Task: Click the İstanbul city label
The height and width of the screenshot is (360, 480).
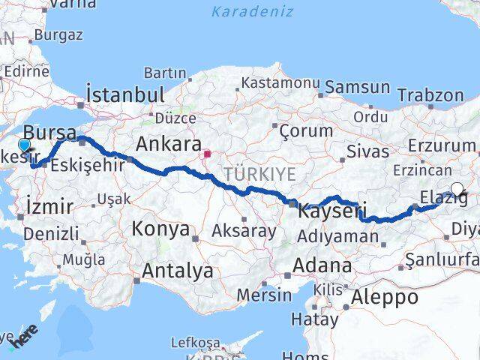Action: point(125,94)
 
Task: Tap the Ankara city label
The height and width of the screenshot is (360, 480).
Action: point(169,143)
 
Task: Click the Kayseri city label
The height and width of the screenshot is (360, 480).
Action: point(331,211)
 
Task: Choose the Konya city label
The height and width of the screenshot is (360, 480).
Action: point(161,229)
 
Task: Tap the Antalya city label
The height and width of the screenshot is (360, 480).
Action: point(177,270)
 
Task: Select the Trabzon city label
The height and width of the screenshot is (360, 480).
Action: point(430,95)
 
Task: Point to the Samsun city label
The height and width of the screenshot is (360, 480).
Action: point(358,87)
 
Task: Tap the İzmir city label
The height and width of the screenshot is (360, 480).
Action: point(49,206)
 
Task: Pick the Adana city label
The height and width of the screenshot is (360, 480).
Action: point(322,265)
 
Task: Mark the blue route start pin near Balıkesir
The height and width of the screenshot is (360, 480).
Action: point(24,145)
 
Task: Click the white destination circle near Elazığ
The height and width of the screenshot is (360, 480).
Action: point(457,190)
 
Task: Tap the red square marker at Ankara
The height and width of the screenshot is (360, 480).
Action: point(207,154)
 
